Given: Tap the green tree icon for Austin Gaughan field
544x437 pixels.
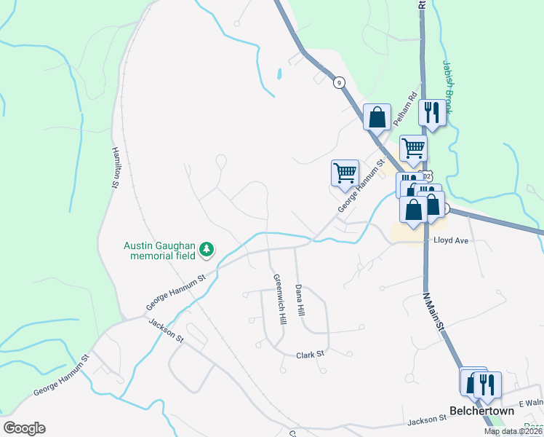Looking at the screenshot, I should click(207, 250).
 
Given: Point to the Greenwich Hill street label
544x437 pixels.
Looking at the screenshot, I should click(277, 299).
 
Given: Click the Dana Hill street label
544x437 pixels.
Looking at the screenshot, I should click(299, 300).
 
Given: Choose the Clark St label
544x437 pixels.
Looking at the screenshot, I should click(309, 355).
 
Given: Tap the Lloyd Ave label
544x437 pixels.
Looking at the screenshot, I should click(449, 239).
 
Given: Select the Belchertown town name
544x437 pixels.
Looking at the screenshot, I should click(481, 411).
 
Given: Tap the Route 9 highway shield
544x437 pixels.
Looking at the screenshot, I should click(339, 83).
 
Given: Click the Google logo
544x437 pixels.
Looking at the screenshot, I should click(24, 428).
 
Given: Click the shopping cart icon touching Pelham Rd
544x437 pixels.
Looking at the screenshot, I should click(413, 148).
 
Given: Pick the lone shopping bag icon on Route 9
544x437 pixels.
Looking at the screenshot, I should click(377, 117).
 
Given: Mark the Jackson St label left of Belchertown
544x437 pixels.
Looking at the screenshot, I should click(426, 419).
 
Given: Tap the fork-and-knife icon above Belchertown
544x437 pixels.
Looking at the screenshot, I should click(487, 383).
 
